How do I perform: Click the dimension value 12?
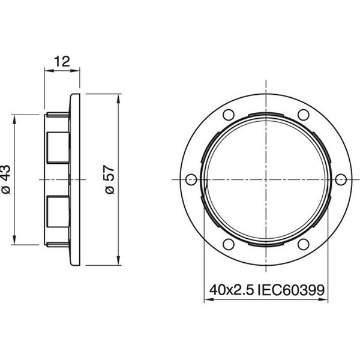click(x=62, y=60)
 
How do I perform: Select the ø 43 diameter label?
click(x=7, y=179)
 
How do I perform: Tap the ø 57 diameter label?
click(x=110, y=179)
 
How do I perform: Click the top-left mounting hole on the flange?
click(x=227, y=115)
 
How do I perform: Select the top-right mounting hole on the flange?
click(x=303, y=115)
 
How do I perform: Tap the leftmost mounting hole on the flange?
click(x=190, y=179)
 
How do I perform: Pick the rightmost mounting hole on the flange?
click(x=340, y=179)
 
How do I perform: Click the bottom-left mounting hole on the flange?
click(x=227, y=244)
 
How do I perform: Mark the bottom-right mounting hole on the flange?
click(x=303, y=244)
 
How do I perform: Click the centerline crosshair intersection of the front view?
click(x=265, y=179)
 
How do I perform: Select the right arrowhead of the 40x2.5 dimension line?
click(x=323, y=301)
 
